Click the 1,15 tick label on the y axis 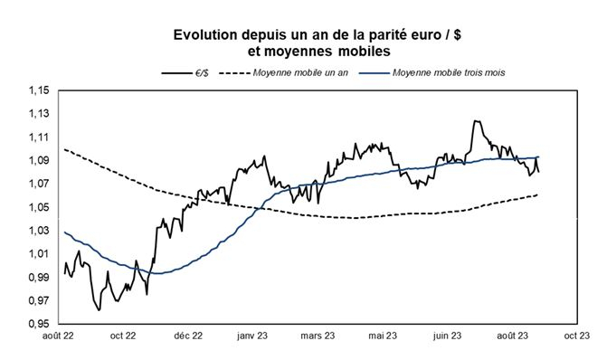pyautogui.click(x=40, y=90)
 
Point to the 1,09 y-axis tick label pyautogui.click(x=40, y=161)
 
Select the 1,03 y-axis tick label pyautogui.click(x=40, y=231)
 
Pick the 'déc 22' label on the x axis pyautogui.click(x=186, y=336)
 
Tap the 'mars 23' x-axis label pyautogui.click(x=317, y=336)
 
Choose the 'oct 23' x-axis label pyautogui.click(x=576, y=336)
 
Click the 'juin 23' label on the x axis pyautogui.click(x=447, y=336)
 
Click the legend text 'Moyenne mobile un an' pyautogui.click(x=302, y=71)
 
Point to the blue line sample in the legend pyautogui.click(x=378, y=71)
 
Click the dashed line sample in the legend pyautogui.click(x=236, y=71)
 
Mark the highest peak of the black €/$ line pyautogui.click(x=473, y=120)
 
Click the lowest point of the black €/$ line pyautogui.click(x=99, y=309)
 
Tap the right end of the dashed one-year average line pyautogui.click(x=539, y=194)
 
